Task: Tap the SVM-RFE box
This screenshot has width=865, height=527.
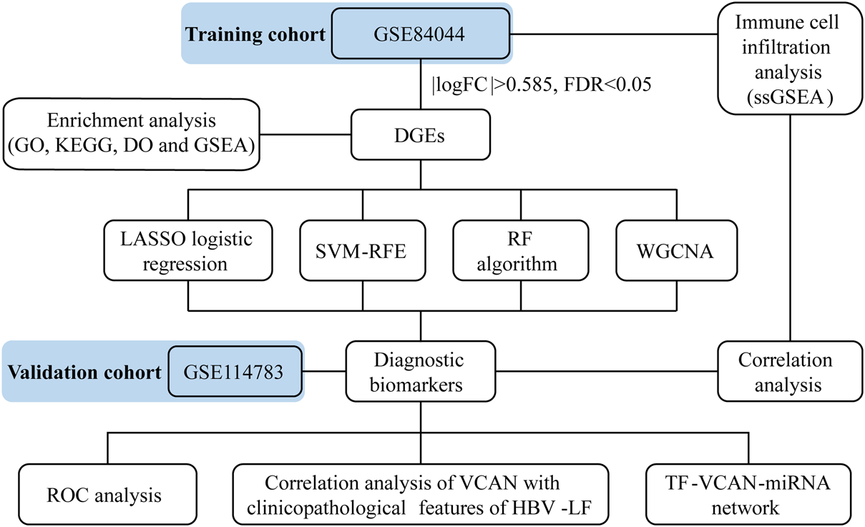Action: (363, 250)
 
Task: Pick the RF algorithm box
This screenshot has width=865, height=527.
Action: (519, 250)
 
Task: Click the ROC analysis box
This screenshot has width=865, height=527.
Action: (107, 494)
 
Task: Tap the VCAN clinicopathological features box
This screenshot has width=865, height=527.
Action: (421, 494)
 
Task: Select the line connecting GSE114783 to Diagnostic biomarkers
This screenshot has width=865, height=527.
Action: (324, 371)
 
